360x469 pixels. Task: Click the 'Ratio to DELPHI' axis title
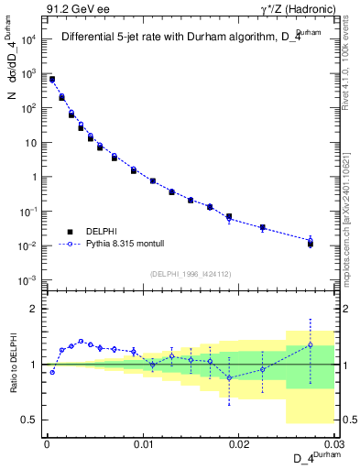pyautogui.click(x=16, y=365)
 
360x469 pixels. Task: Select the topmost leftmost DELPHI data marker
pyautogui.click(x=52, y=80)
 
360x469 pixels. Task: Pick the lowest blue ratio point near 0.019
pyautogui.click(x=229, y=377)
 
